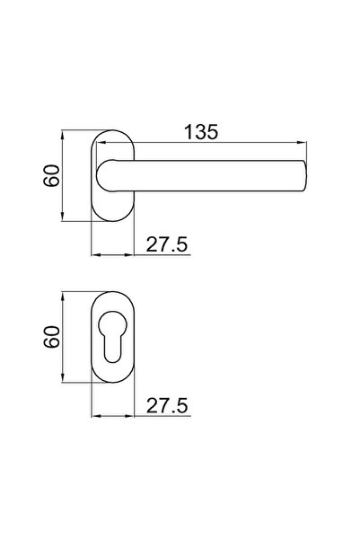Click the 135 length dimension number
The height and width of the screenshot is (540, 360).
coord(202,131)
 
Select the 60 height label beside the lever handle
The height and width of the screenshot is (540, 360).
coord(52,175)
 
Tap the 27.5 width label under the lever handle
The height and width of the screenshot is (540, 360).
coord(167,243)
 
